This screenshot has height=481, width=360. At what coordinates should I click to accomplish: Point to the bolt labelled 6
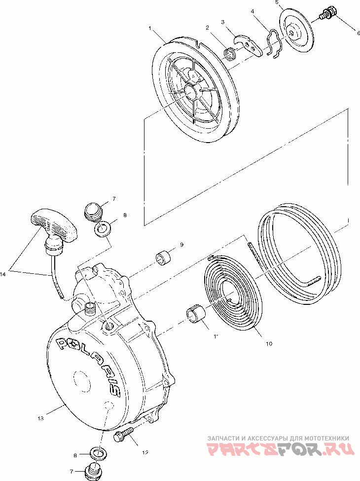(x=328, y=13)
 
